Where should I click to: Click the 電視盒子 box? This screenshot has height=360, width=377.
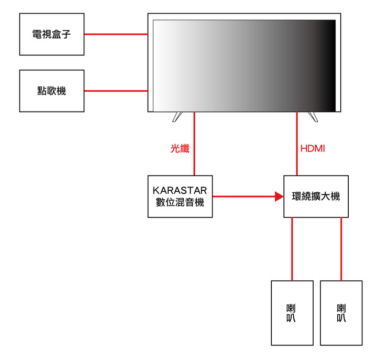[x=52, y=34]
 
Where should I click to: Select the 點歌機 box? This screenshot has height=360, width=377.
[x=52, y=91]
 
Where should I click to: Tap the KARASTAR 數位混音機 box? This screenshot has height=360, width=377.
[x=180, y=197]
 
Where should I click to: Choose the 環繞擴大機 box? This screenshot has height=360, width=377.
[x=316, y=197]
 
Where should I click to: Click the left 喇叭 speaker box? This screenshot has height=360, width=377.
[x=292, y=313]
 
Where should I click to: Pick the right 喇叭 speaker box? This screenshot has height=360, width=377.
[x=341, y=313]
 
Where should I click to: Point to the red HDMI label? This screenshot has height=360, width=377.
[x=313, y=149]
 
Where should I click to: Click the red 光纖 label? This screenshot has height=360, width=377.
[x=180, y=148]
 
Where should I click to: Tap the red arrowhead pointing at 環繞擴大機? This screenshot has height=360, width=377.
[x=280, y=197]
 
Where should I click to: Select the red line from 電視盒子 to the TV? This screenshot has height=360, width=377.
[x=116, y=34]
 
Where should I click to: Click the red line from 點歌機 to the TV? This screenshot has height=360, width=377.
[x=116, y=91]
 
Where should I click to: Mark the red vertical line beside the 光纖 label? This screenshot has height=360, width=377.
[x=194, y=144]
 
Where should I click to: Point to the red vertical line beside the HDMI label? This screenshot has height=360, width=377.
[x=297, y=144]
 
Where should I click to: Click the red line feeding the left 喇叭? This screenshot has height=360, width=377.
[x=292, y=249]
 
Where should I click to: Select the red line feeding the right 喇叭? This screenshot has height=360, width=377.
[x=341, y=249]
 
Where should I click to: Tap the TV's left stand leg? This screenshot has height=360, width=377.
[x=177, y=117]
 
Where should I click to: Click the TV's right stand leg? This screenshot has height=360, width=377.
[x=313, y=117]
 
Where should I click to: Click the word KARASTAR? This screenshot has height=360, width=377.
[x=180, y=191]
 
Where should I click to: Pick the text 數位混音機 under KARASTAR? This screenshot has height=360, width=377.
[x=180, y=202]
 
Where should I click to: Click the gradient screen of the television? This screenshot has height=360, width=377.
[x=245, y=66]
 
